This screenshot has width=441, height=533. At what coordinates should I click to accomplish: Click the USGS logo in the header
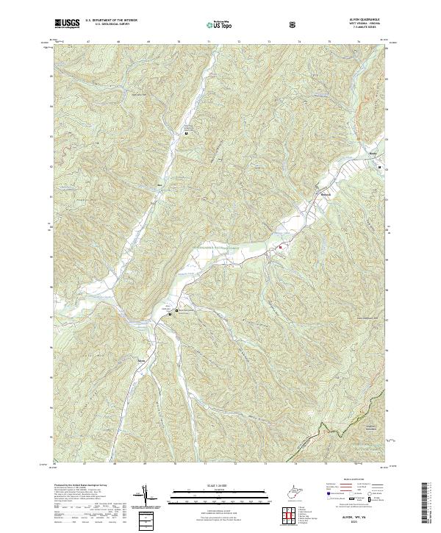tap(67, 24)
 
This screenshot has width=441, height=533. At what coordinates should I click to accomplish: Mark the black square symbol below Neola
tap(379, 168)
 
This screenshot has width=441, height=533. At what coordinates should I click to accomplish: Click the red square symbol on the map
tap(279, 248)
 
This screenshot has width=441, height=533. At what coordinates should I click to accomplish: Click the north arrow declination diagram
tap(147, 496)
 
